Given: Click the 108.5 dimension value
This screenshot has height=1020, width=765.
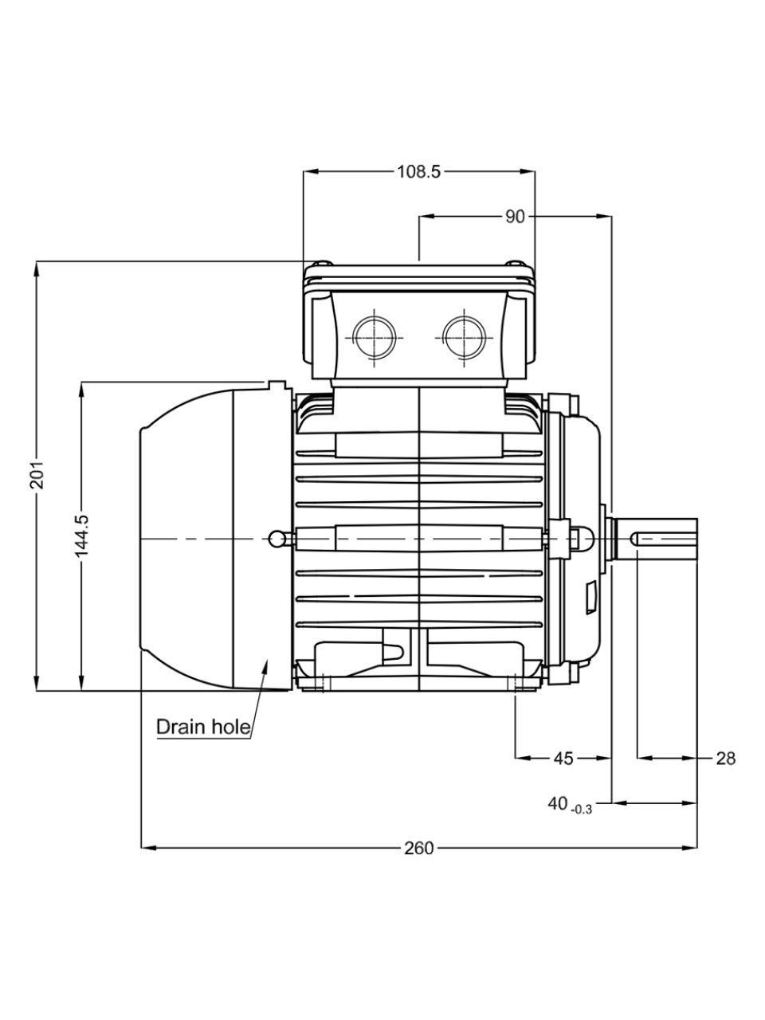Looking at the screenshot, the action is coord(418,172).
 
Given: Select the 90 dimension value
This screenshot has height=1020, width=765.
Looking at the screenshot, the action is coord(515,217).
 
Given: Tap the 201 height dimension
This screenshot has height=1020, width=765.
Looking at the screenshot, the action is coord(37,475).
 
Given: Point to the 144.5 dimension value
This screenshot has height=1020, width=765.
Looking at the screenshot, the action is coord(82,535).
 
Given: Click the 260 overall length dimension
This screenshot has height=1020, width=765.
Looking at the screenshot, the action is coord(418,848).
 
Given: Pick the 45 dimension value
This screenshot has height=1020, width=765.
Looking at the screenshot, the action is coord(563,759).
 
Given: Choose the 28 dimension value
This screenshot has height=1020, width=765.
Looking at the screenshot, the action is coord(726,759).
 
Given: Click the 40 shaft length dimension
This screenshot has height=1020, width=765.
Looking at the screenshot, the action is coord(558,803).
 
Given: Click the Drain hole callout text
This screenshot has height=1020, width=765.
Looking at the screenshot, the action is coord(203,727).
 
